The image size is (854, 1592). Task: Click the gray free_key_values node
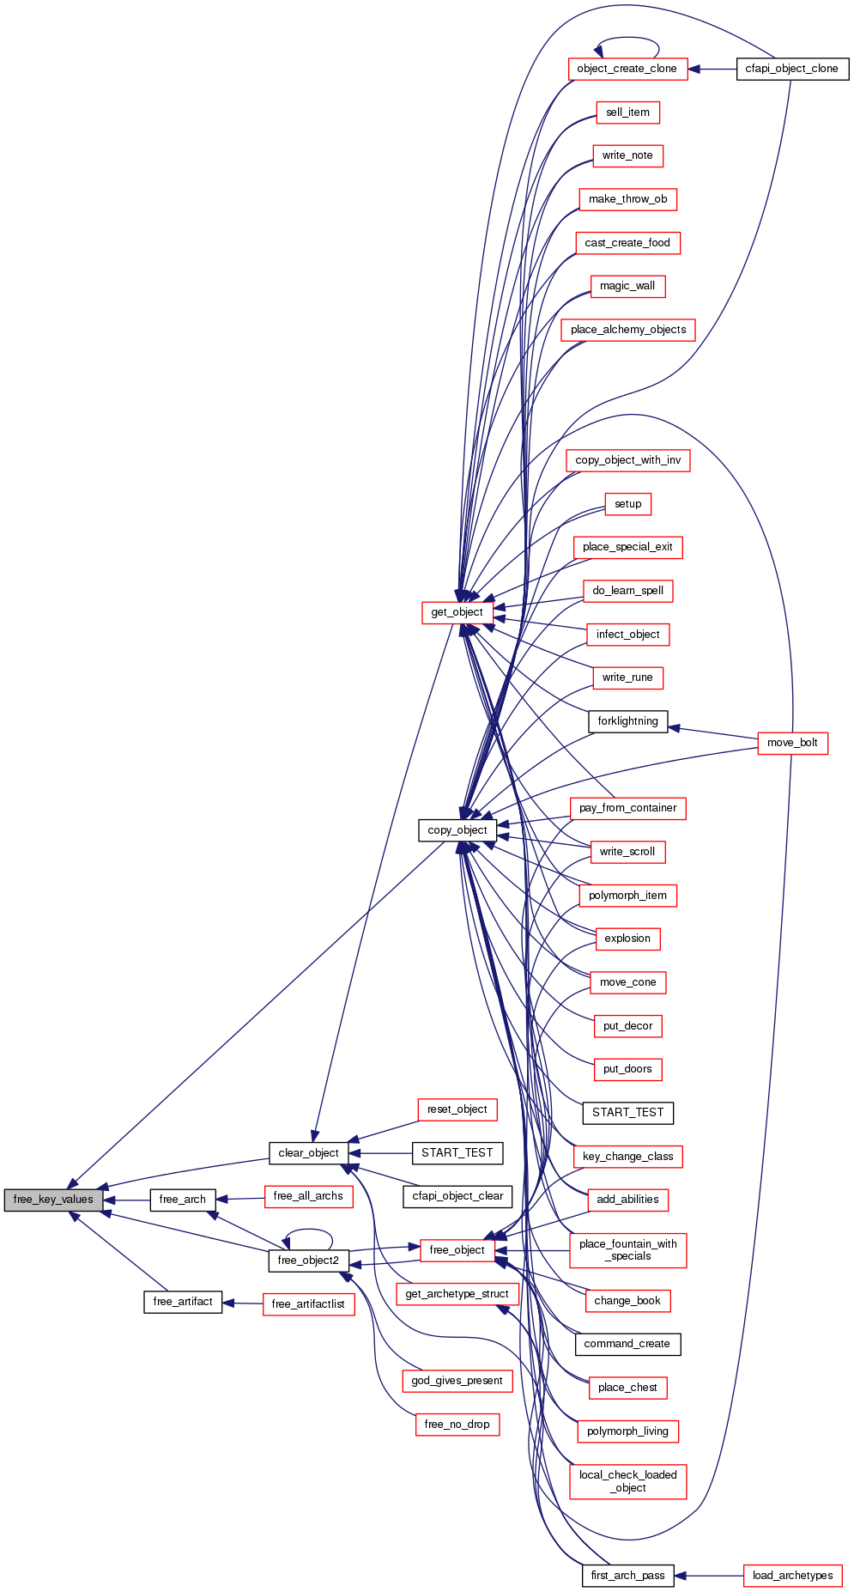tap(53, 1200)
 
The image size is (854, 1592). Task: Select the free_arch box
tap(182, 1200)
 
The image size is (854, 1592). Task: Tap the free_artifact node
tap(182, 1302)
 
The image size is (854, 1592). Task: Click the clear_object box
tap(308, 1153)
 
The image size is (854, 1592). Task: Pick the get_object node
tap(457, 612)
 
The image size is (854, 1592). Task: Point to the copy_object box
tap(457, 830)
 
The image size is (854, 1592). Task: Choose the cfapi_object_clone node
tap(791, 69)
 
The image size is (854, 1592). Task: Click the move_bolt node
tap(792, 743)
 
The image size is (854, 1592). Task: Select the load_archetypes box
tap(792, 1576)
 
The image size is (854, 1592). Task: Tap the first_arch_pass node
tap(627, 1576)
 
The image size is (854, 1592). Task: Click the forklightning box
tap(627, 721)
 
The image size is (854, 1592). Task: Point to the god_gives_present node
tap(457, 1381)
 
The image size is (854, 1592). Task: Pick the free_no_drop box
tap(457, 1425)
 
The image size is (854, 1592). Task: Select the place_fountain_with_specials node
tap(627, 1250)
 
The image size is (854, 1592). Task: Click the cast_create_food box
tap(627, 243)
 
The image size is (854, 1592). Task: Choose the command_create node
tap(627, 1344)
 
